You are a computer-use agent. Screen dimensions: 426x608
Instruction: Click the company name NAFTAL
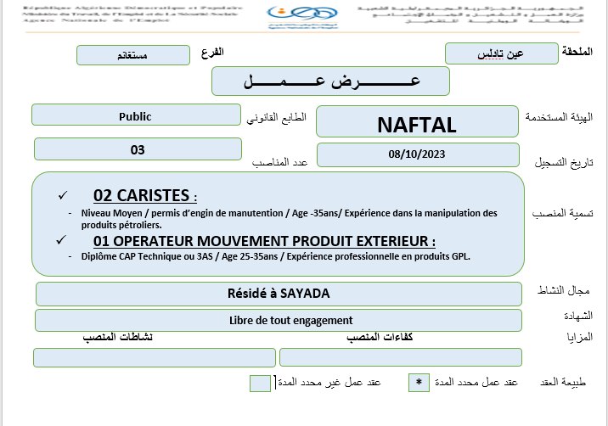coord(416,125)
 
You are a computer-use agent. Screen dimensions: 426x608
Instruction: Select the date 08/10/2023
coord(416,154)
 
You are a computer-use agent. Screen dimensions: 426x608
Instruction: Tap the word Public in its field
coord(136,116)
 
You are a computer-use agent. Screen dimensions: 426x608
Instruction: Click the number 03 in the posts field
coord(138,149)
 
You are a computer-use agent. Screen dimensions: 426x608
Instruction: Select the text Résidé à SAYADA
coord(279,294)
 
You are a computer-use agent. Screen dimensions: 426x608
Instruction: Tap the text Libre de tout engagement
coord(279,320)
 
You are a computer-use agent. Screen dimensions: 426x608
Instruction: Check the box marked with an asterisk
coord(418,383)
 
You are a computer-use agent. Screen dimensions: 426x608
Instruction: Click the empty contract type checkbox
coord(261,383)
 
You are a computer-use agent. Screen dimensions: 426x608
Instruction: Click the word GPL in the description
coord(458,255)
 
